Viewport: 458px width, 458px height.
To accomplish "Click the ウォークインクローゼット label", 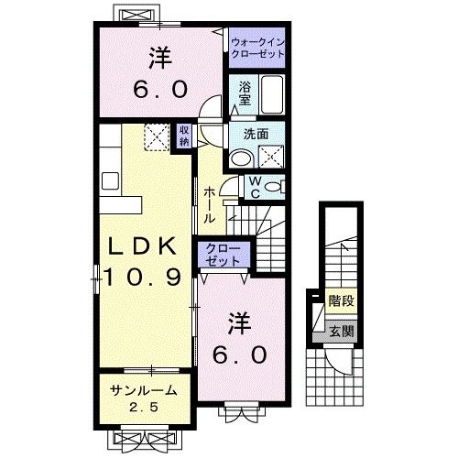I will pyautogui.click(x=257, y=48).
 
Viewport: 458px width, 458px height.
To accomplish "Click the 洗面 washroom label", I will pyautogui.click(x=256, y=133).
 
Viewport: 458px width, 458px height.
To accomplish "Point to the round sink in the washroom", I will pyautogui.click(x=239, y=158).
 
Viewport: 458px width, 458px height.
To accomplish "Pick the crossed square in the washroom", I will pyautogui.click(x=270, y=157).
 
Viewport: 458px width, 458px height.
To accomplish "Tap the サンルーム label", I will pyautogui.click(x=138, y=389).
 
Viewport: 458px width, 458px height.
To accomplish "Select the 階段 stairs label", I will pyautogui.click(x=343, y=299).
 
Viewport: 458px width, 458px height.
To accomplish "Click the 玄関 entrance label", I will pyautogui.click(x=342, y=333).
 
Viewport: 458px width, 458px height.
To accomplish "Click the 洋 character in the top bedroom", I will pyautogui.click(x=161, y=57).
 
